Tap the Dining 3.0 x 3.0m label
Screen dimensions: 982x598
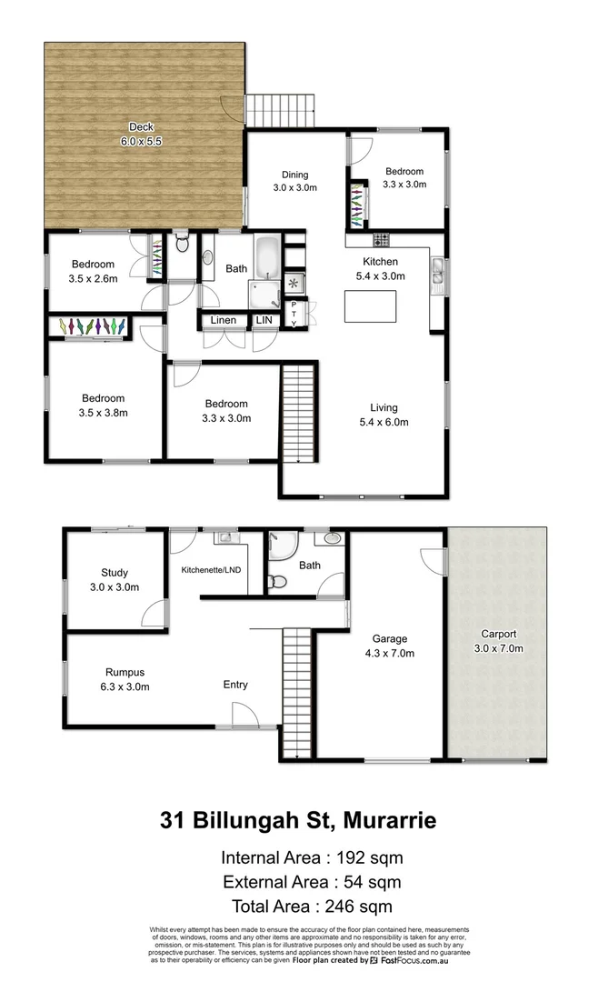(294, 181)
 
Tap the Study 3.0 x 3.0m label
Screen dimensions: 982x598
(115, 580)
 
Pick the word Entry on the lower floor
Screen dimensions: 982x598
(235, 685)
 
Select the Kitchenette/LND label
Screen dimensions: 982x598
(210, 570)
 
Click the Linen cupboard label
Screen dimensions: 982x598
(224, 320)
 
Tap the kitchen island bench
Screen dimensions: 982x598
(370, 306)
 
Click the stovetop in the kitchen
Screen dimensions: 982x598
(381, 241)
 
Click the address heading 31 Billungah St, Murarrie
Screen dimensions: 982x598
(298, 821)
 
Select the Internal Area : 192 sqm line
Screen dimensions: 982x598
(312, 857)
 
